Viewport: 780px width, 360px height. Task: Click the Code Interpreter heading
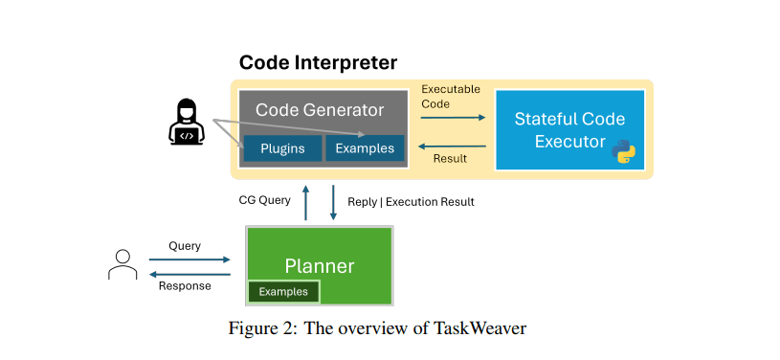(x=318, y=63)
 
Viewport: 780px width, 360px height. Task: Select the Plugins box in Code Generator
(x=282, y=148)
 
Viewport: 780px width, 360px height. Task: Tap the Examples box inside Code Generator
(x=365, y=148)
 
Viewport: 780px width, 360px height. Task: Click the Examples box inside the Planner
(x=283, y=292)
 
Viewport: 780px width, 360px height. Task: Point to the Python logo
(x=624, y=152)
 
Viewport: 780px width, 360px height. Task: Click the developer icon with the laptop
(x=186, y=122)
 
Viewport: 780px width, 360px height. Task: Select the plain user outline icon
(x=123, y=265)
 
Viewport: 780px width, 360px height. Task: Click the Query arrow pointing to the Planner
(x=189, y=259)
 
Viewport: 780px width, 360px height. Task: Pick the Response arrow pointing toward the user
(x=189, y=275)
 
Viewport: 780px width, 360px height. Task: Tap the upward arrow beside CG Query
(x=306, y=203)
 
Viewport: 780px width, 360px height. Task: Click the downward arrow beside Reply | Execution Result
(x=333, y=203)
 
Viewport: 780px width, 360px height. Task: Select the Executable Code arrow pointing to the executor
(x=453, y=118)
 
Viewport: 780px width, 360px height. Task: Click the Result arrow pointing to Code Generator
(x=452, y=146)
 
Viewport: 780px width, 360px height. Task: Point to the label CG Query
(x=265, y=200)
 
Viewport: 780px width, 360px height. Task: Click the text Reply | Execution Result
(x=411, y=202)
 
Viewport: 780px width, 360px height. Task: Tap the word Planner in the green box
(x=320, y=266)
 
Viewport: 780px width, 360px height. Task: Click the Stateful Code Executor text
(x=569, y=130)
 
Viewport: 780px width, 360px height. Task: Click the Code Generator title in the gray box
(x=320, y=110)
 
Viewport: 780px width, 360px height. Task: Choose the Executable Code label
(x=451, y=97)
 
